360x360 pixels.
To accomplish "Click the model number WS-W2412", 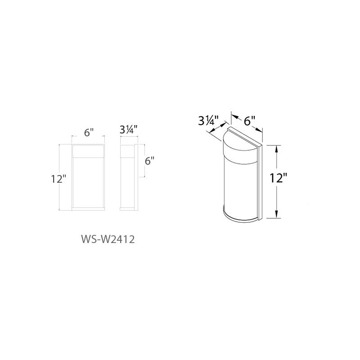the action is coord(108,240).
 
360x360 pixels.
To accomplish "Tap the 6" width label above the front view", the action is coord(89,132).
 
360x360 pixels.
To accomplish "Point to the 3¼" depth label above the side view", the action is coord(128,130).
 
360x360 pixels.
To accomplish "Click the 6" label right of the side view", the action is coord(149,161).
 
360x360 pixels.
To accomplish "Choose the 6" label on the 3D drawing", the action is coord(250,121).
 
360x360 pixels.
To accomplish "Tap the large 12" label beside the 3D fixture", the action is coord(279,178).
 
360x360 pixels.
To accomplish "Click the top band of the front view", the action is coord(88,151).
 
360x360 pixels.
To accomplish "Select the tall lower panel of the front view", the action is coord(88,183).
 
